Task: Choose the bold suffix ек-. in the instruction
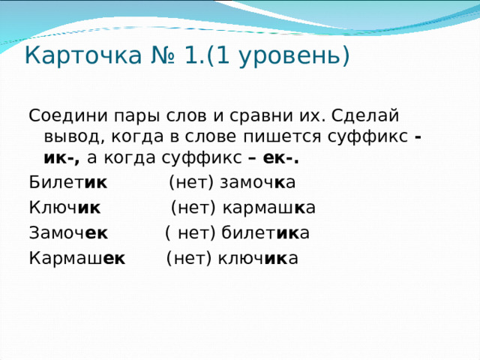[x=281, y=157]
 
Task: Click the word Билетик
[x=67, y=182]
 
